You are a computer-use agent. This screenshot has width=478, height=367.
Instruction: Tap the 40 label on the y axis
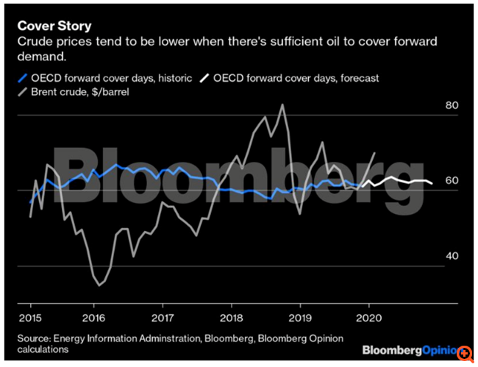[x=453, y=256]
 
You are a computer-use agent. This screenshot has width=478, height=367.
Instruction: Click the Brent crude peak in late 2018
[x=282, y=104]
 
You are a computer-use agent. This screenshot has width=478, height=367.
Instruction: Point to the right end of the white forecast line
[x=432, y=183]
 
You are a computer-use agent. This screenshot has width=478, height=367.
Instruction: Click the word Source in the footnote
[x=36, y=338]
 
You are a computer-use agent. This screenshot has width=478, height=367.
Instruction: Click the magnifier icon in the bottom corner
[x=464, y=352]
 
